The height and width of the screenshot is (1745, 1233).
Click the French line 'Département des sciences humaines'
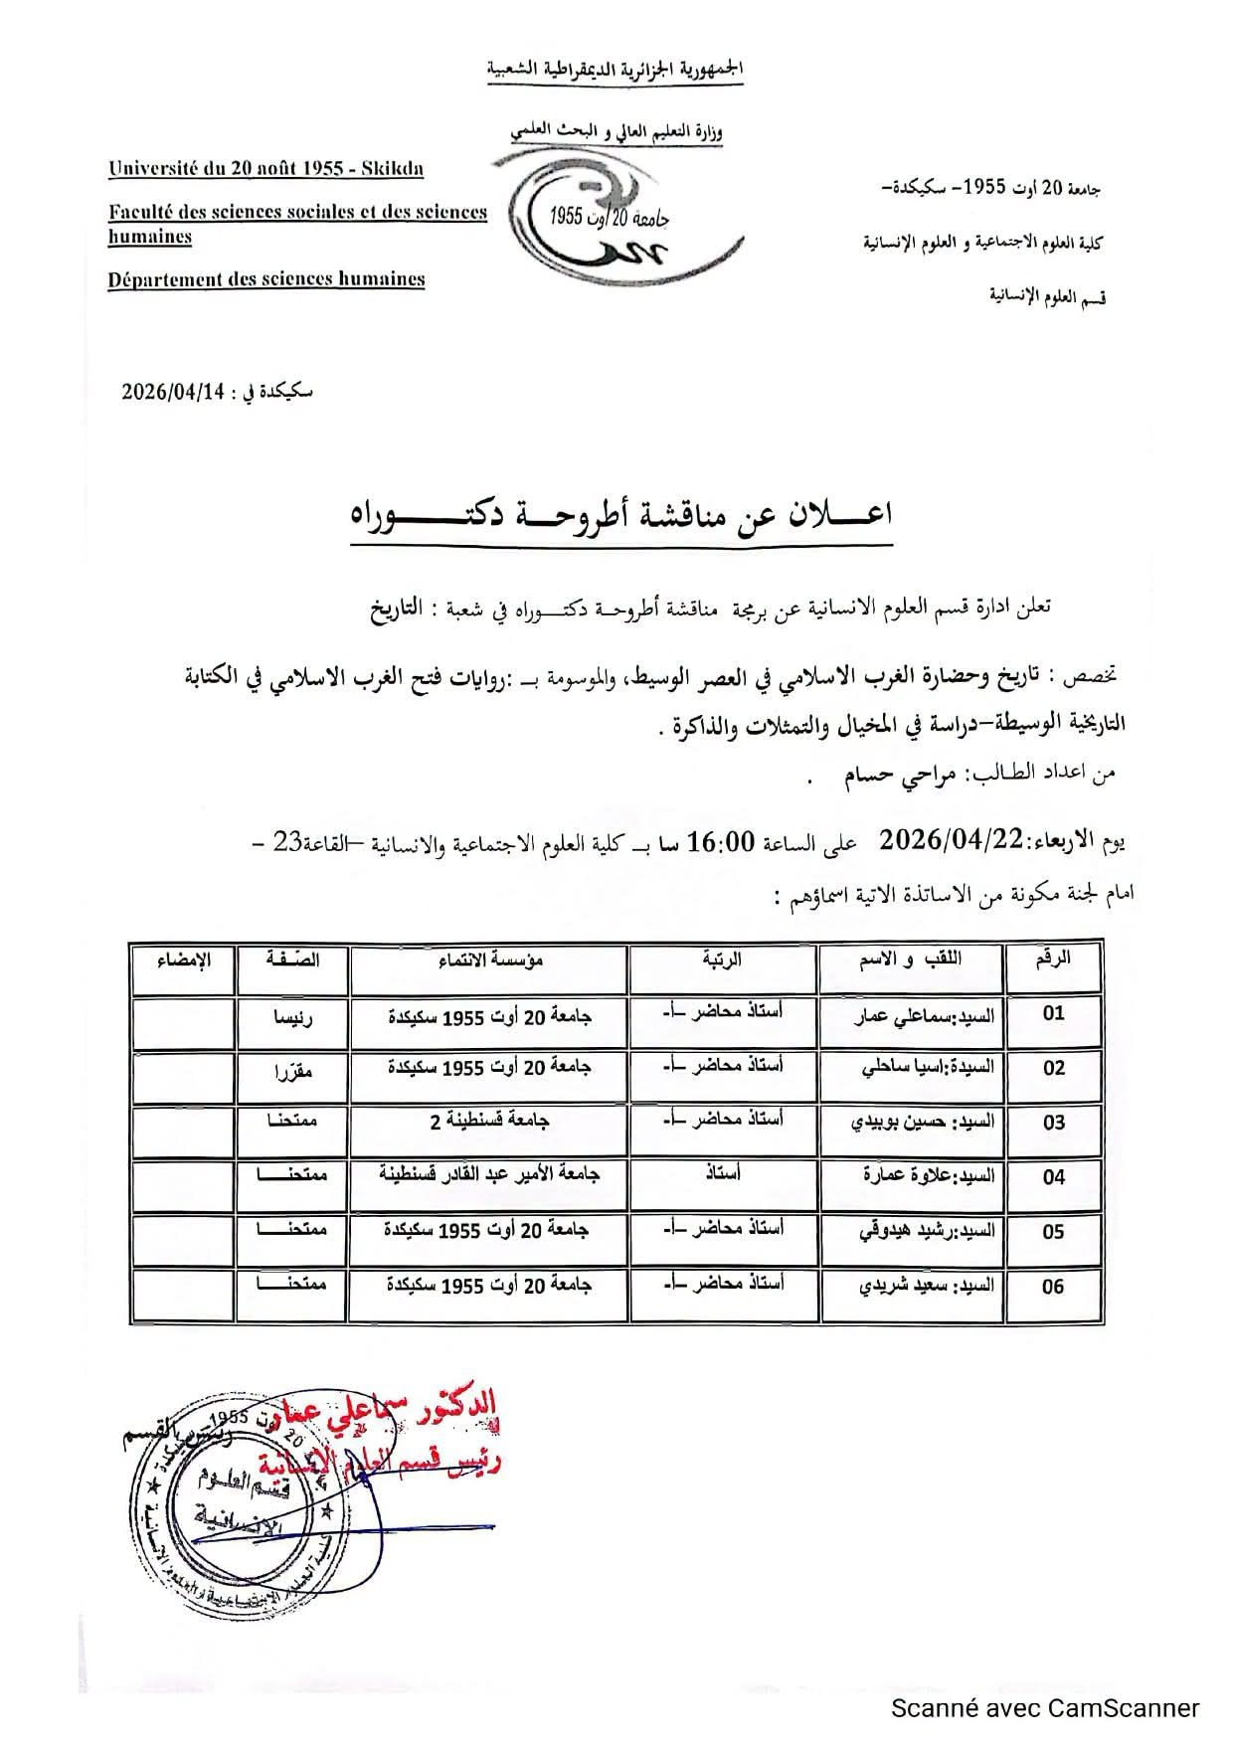[266, 279]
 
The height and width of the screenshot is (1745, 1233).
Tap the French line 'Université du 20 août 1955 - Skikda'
[266, 168]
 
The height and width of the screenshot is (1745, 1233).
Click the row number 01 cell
[1053, 1014]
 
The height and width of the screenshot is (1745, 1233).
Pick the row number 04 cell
[1053, 1177]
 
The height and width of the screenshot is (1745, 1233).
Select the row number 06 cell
[1053, 1287]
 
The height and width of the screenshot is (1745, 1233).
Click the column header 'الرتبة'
[722, 960]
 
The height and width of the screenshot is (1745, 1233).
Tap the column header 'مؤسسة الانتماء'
[489, 960]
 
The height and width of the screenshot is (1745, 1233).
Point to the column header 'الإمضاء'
[184, 960]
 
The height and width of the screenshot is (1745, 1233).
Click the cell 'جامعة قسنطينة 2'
[489, 1122]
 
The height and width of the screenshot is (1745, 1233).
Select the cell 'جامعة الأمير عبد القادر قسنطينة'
[489, 1174]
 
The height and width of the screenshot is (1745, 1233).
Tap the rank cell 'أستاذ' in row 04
[722, 1174]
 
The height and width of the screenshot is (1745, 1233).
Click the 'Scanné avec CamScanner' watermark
[1044, 1708]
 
